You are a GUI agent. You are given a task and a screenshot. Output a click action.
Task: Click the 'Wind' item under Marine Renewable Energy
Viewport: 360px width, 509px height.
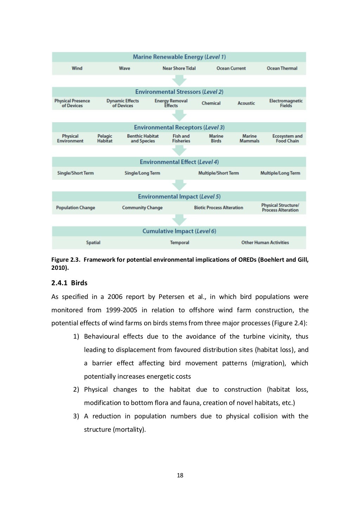(77, 68)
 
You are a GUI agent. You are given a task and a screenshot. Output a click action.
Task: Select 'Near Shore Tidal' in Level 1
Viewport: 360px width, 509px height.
(179, 68)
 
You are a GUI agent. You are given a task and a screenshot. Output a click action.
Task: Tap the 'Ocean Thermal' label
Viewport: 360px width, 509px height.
(282, 68)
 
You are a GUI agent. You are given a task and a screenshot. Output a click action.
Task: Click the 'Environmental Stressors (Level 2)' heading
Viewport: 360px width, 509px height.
(179, 92)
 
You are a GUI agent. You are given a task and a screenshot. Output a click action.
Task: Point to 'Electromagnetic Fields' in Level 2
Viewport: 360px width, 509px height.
(286, 103)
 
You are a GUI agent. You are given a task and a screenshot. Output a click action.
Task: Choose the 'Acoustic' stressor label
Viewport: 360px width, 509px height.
(246, 103)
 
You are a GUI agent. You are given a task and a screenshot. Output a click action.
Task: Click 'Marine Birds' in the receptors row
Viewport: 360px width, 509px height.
(216, 139)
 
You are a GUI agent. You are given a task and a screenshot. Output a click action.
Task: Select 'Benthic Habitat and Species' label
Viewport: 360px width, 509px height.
(143, 139)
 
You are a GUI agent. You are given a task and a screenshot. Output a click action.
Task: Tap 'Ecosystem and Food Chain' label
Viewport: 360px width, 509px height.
(287, 139)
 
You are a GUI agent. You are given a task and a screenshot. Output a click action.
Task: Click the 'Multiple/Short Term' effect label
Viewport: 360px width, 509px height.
(218, 173)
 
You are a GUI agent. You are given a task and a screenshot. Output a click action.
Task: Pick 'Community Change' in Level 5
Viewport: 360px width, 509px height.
(142, 208)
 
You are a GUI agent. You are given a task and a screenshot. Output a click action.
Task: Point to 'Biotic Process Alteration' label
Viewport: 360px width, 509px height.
(218, 208)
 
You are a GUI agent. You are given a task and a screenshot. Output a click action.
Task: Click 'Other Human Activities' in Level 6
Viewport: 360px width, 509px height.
(265, 243)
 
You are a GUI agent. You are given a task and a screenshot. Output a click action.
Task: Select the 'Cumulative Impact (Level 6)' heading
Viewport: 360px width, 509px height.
(179, 231)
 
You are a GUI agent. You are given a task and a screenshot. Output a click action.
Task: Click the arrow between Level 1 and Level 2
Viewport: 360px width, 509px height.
(179, 81)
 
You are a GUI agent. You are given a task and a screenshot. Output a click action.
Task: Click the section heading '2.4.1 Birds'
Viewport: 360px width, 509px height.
(69, 283)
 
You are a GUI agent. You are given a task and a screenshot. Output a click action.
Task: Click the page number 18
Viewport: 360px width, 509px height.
(180, 476)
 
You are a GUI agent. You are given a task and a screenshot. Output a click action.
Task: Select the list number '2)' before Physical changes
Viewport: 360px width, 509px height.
(76, 390)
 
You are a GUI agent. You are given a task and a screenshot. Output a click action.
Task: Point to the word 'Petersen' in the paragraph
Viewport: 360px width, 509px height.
(171, 297)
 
